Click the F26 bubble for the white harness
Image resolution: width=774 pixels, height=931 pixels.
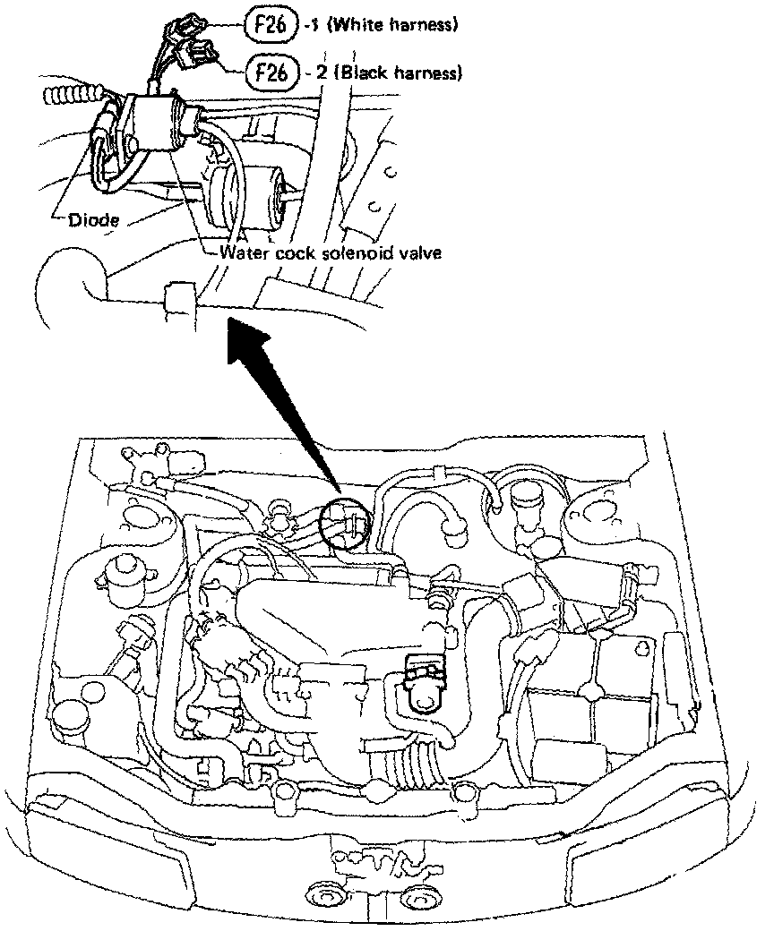[x=269, y=26]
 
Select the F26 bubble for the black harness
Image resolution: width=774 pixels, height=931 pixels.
[x=270, y=72]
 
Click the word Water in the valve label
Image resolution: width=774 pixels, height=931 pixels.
[x=243, y=252]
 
